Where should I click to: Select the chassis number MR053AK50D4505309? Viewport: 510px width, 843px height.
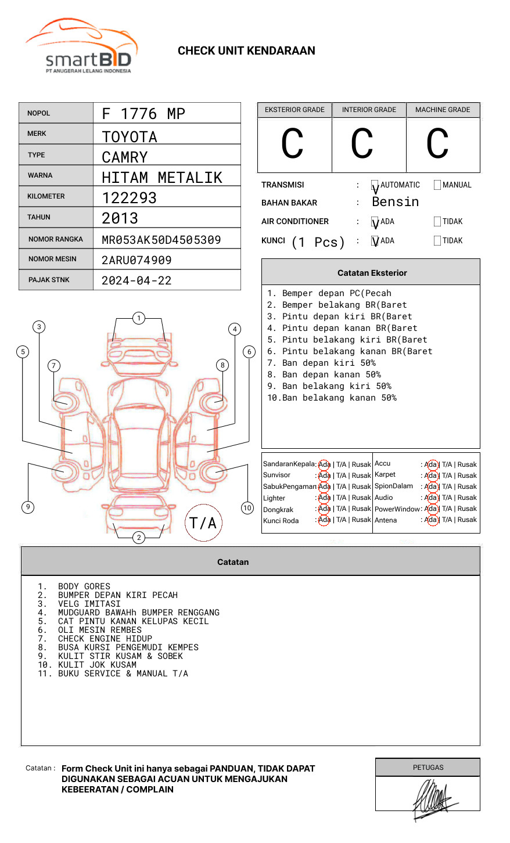(161, 240)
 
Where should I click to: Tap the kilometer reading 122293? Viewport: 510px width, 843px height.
(130, 198)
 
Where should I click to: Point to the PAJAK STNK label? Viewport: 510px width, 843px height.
(49, 280)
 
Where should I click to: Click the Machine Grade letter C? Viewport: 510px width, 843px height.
(437, 144)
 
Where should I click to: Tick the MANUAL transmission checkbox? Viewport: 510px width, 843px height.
(437, 185)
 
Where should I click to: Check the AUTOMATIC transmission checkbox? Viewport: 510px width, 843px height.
(375, 186)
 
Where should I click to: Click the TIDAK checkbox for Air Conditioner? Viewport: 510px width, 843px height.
(437, 222)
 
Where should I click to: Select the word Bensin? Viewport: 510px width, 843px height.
(395, 202)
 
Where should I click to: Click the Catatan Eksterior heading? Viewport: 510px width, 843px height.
(372, 273)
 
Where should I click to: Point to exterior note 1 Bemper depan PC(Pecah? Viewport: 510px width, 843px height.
(329, 293)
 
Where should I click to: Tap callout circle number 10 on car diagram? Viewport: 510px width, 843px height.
(247, 508)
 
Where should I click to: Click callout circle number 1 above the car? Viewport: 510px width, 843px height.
(138, 318)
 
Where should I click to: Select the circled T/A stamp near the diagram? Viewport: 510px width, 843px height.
(203, 523)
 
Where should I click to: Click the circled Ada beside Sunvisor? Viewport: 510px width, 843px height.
(324, 475)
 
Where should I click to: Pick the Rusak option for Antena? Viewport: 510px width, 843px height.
(467, 520)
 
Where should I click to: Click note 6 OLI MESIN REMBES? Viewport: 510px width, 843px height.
(99, 630)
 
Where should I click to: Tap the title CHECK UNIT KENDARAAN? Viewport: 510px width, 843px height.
(246, 51)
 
